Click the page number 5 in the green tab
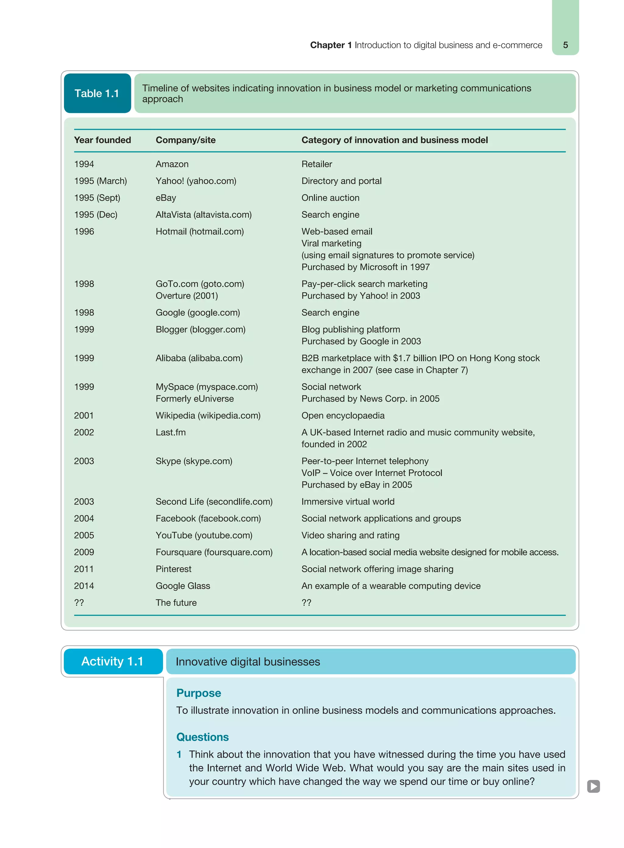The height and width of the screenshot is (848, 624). pyautogui.click(x=565, y=45)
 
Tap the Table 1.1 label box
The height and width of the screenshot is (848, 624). pyautogui.click(x=97, y=93)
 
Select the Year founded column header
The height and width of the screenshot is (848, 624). pyautogui.click(x=102, y=140)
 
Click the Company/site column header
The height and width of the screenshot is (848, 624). pyautogui.click(x=186, y=140)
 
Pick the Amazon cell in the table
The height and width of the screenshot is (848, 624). pyautogui.click(x=172, y=164)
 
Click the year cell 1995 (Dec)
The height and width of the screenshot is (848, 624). pyautogui.click(x=96, y=215)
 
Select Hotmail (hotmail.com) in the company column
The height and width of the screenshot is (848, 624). pyautogui.click(x=200, y=232)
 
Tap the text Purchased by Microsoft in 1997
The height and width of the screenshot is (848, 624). pyautogui.click(x=365, y=267)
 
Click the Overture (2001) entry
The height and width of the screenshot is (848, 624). pyautogui.click(x=186, y=296)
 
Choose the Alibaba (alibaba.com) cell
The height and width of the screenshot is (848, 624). pyautogui.click(x=199, y=358)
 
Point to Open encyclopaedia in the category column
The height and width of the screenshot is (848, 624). pyautogui.click(x=342, y=416)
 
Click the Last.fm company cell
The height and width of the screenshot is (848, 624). pyautogui.click(x=171, y=432)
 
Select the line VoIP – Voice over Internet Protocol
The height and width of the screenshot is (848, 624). pyautogui.click(x=371, y=473)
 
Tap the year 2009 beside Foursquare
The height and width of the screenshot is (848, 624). pyautogui.click(x=84, y=552)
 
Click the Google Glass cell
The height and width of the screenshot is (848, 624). pyautogui.click(x=183, y=586)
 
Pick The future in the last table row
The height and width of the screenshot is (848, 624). pyautogui.click(x=176, y=603)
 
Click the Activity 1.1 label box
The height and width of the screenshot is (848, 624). pyautogui.click(x=112, y=662)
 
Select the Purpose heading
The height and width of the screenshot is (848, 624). pyautogui.click(x=198, y=693)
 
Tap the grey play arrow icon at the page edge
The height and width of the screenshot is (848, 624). pyautogui.click(x=593, y=786)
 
